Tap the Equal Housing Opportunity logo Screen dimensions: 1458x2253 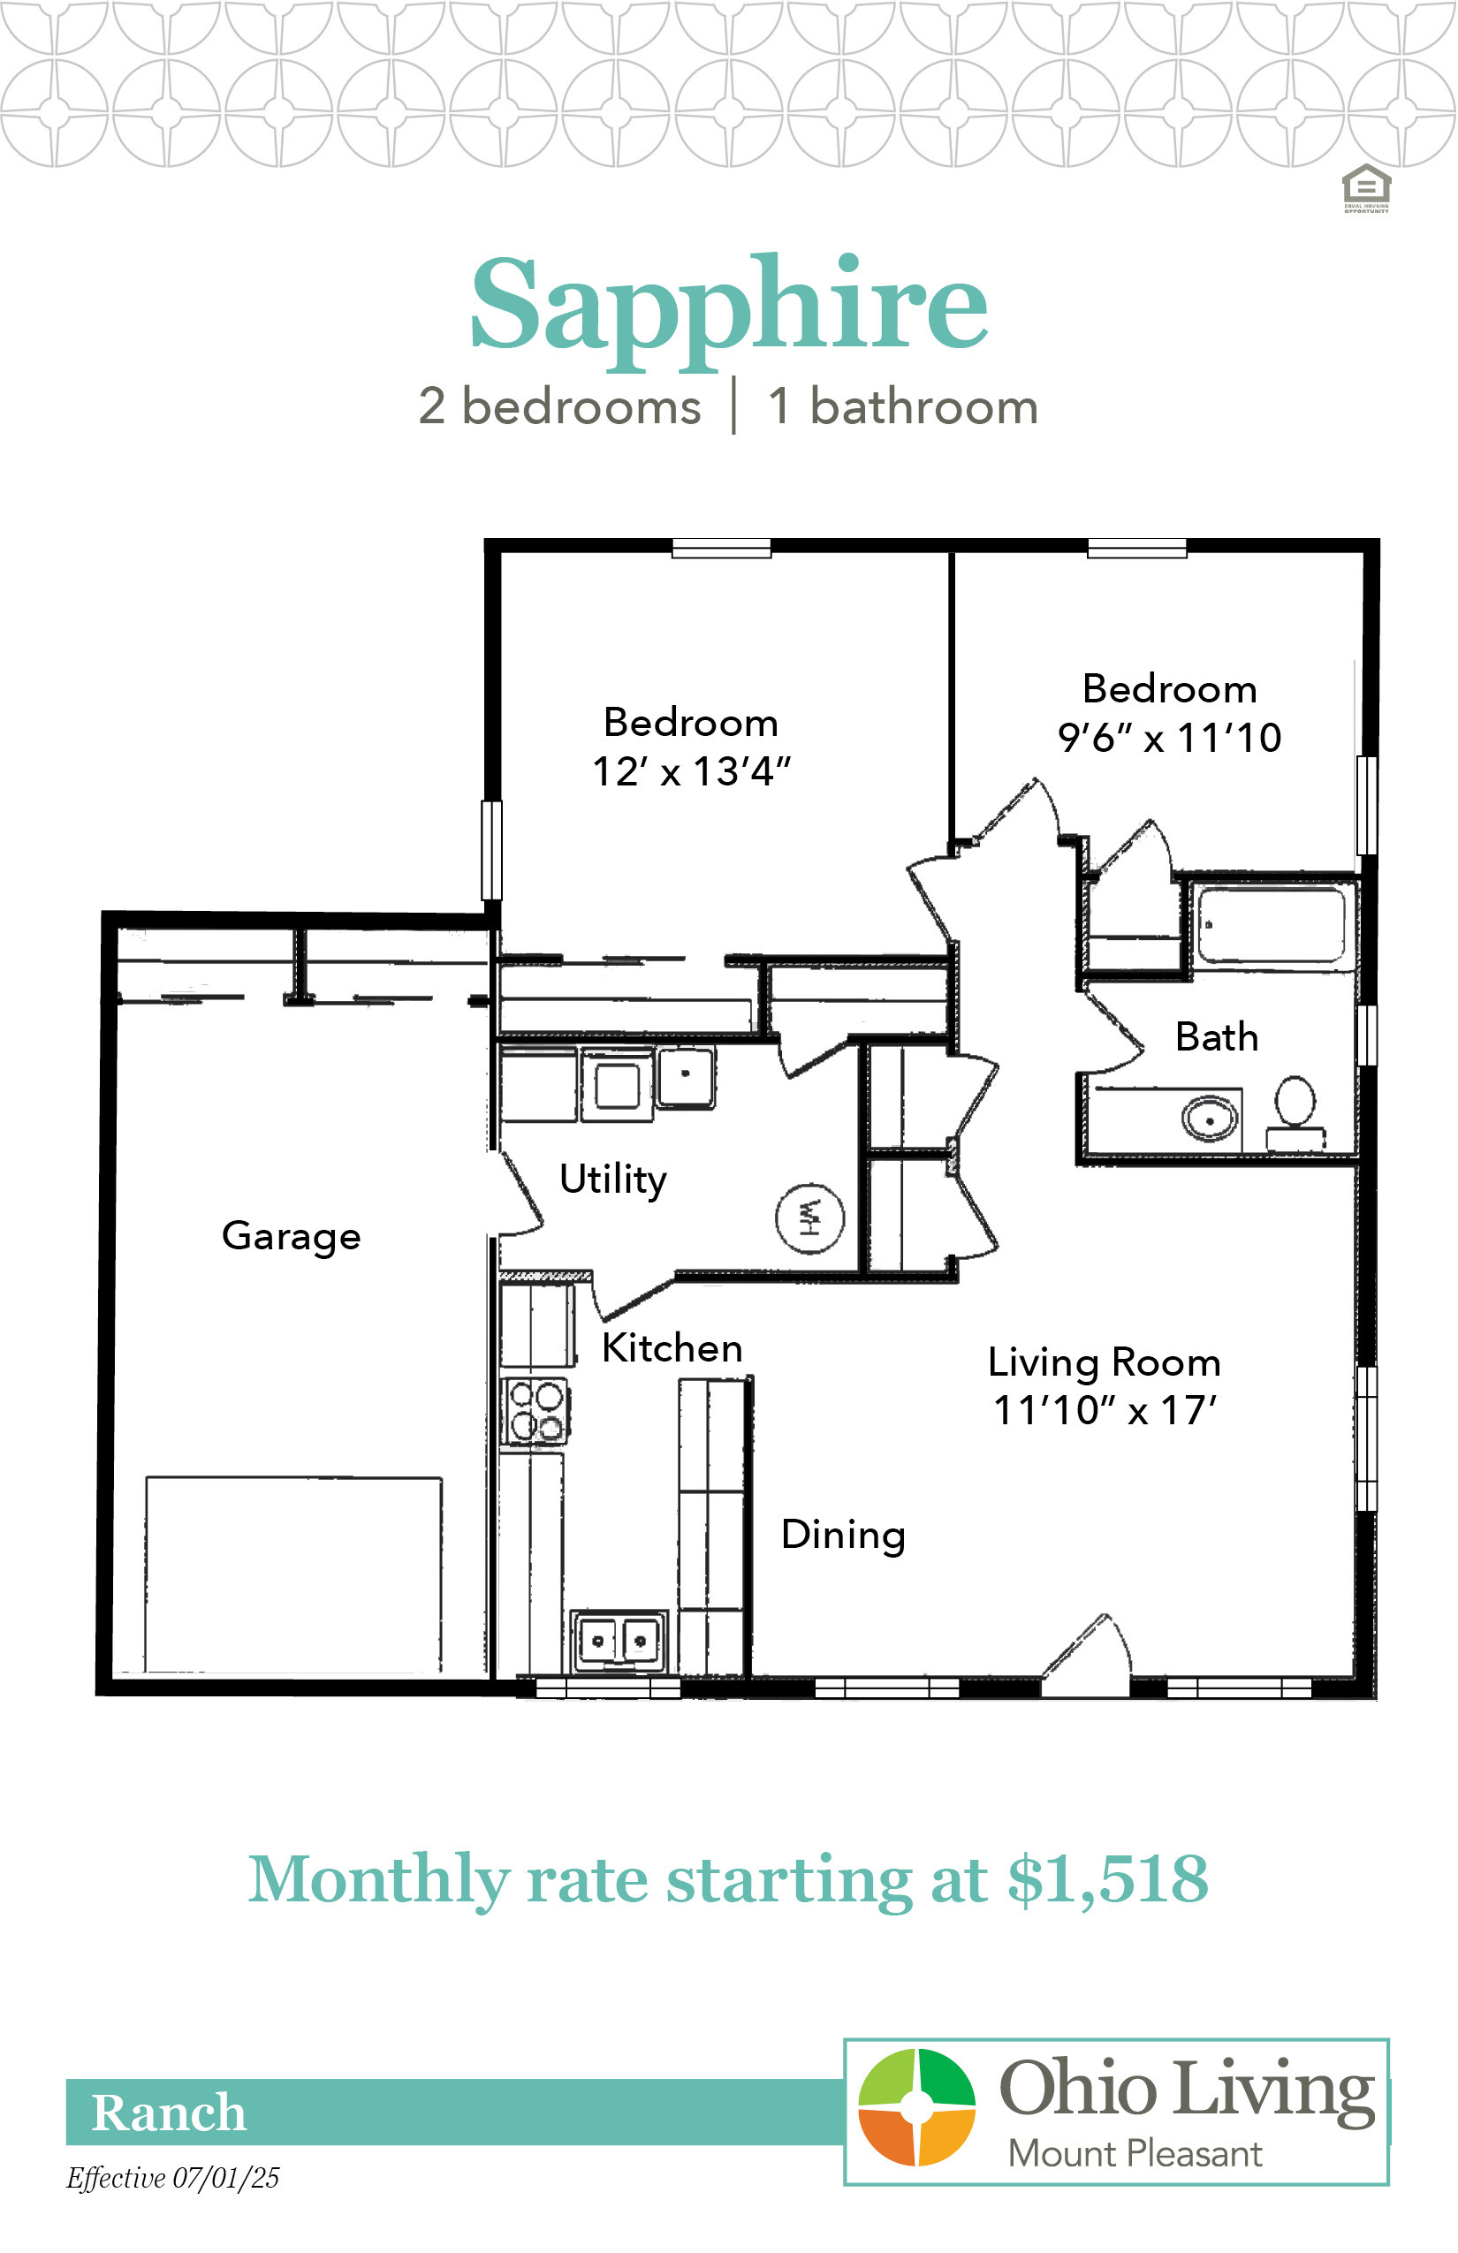[x=1366, y=188]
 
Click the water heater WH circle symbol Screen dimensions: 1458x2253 [x=810, y=1218]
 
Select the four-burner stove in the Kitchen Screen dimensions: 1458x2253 [x=535, y=1410]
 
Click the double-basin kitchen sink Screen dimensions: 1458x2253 [x=619, y=1640]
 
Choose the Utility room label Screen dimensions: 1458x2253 [x=613, y=1180]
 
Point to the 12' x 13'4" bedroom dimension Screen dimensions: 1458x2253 [x=691, y=772]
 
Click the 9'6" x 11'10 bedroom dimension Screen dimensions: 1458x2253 [x=1170, y=739]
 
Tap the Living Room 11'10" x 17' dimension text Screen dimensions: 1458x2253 [x=1105, y=1410]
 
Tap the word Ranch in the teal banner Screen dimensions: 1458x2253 [x=169, y=2113]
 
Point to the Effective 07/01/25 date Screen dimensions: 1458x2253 [x=173, y=2178]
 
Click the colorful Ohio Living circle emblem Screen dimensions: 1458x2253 [x=916, y=2107]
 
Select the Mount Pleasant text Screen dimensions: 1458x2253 [x=1135, y=2155]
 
